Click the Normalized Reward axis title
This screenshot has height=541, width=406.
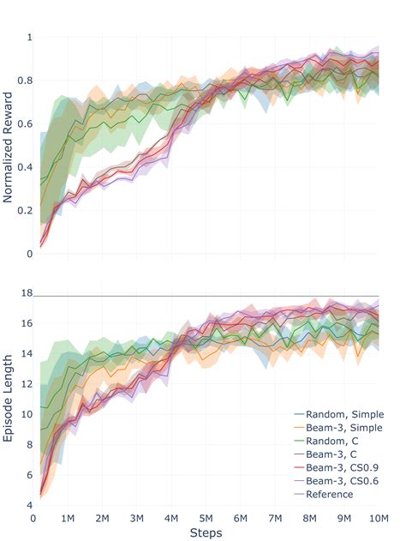coord(9,146)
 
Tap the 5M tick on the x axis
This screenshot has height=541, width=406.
coord(206,518)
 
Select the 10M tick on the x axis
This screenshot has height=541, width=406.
coord(378,518)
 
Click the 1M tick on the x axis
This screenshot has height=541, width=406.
coord(68,518)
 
